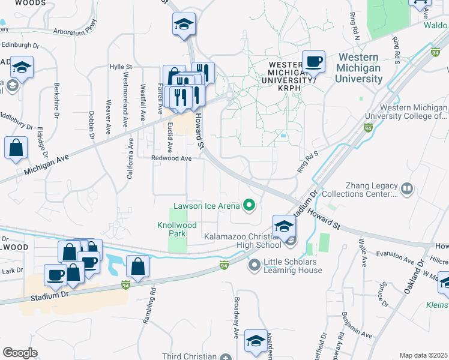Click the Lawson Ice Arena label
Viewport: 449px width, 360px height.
206,206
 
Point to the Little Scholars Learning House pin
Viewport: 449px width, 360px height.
254,263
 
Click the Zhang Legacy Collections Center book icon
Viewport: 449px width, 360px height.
407,190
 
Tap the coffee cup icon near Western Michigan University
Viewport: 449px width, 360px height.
313,61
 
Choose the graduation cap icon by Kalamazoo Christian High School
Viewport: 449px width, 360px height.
284,226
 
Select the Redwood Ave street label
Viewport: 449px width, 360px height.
171,158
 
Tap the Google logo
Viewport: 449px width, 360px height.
20,352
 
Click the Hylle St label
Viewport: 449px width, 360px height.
121,67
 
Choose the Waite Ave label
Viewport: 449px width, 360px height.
363,252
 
